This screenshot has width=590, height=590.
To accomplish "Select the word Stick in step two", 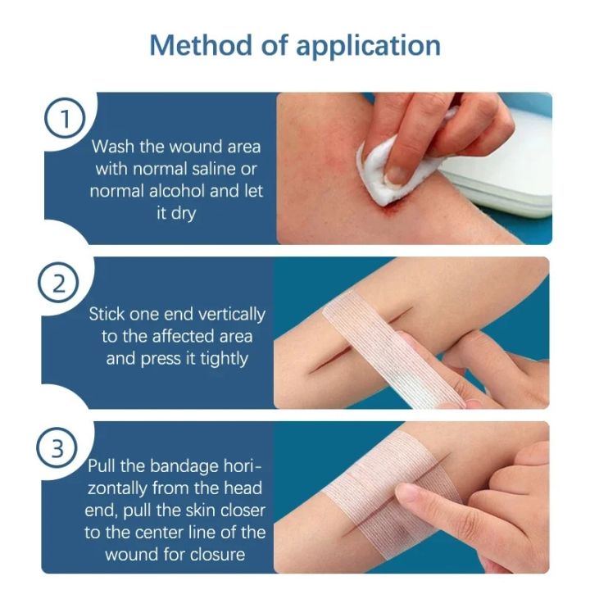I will (x=107, y=314).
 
